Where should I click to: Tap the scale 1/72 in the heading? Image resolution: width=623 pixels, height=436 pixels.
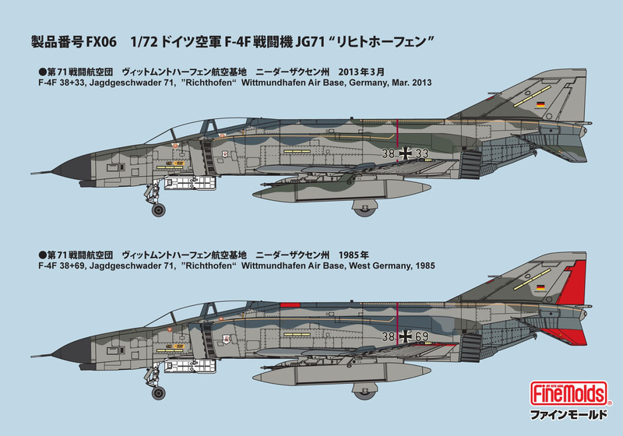tap(152, 43)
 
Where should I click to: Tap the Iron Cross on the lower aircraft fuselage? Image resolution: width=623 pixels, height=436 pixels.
tap(407, 336)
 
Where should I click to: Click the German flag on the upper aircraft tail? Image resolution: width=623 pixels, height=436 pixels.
tap(538, 105)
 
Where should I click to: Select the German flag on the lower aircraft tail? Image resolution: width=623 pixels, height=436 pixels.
tap(538, 288)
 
